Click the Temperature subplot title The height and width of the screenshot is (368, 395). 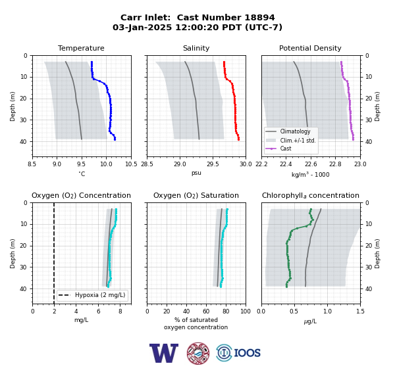[x=81, y=48]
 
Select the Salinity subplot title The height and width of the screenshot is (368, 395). [x=196, y=48]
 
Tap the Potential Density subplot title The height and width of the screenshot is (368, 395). [x=310, y=48]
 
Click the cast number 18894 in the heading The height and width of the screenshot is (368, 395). [x=260, y=18]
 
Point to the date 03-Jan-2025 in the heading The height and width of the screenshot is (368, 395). [x=142, y=27]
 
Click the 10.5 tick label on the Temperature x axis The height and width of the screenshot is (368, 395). [x=131, y=164]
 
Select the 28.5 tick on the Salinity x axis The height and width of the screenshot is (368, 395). [x=147, y=164]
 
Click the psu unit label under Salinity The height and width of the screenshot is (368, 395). [x=196, y=173]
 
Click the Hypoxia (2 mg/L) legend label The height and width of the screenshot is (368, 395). [x=100, y=295]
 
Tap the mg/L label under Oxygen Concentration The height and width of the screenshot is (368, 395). [x=82, y=320]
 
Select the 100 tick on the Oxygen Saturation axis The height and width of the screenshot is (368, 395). [x=246, y=311]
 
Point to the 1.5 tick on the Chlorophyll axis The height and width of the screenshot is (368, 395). [x=360, y=311]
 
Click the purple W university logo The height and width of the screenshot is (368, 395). [x=164, y=353]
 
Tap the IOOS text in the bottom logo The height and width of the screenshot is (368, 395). [x=247, y=353]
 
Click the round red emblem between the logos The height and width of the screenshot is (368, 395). [x=198, y=353]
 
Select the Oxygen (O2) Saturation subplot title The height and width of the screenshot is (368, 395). [x=196, y=195]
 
